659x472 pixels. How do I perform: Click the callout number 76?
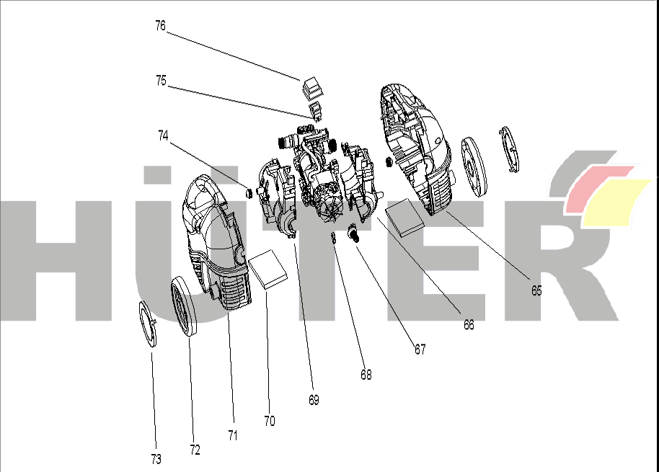point(161,26)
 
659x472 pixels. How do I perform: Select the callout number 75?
point(161,80)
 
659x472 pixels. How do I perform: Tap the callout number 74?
point(163,135)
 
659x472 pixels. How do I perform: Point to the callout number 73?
point(156,460)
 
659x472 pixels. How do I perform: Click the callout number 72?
point(195,450)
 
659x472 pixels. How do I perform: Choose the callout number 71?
point(233,436)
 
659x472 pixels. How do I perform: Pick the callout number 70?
point(270,421)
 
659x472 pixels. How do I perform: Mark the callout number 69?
point(314,400)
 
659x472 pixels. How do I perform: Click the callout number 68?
point(366,375)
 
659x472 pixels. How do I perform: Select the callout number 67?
point(420,349)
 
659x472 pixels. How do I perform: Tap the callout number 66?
point(469,324)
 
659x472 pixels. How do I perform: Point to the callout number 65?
point(536,290)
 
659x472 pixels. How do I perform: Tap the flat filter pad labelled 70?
point(268,270)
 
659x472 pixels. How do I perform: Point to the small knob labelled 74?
point(249,192)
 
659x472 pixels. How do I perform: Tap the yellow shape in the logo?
point(615,202)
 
